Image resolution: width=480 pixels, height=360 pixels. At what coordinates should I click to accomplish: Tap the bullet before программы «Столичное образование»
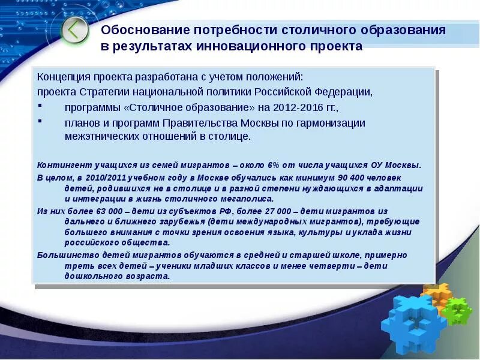pos(40,106)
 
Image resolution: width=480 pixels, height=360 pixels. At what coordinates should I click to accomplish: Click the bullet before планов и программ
pos(40,121)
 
